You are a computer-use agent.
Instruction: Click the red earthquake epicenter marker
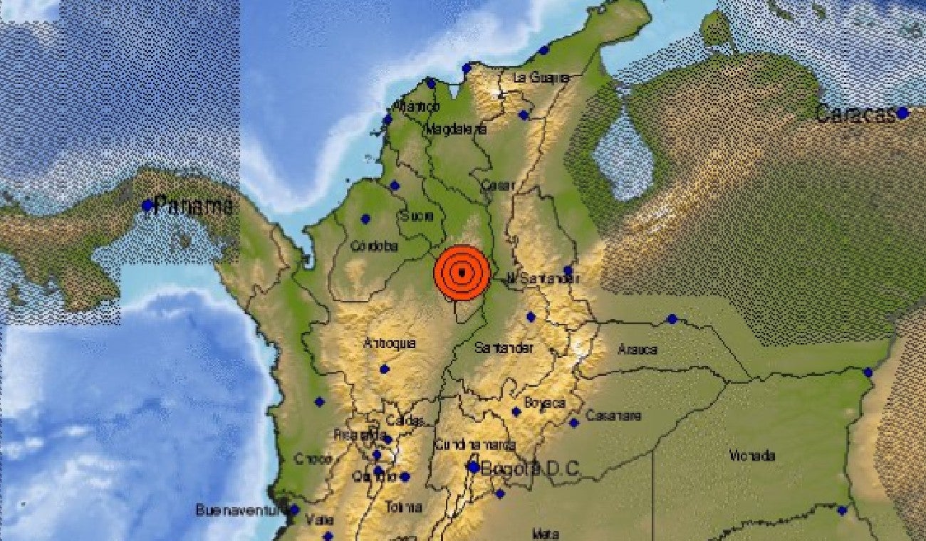tap(462, 273)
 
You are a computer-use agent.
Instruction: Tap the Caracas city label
tap(854, 114)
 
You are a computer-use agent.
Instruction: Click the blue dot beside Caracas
tap(902, 112)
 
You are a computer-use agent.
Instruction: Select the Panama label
tap(193, 206)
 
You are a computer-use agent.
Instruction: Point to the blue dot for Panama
tap(147, 206)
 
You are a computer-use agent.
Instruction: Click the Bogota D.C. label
tap(530, 469)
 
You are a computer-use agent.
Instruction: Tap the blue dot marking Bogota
tap(473, 467)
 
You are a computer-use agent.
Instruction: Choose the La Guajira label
tap(541, 77)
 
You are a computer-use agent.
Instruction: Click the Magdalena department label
tap(456, 130)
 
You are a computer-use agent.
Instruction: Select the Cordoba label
tap(374, 246)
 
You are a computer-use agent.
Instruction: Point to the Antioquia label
tap(389, 344)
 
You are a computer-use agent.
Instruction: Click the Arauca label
tap(638, 350)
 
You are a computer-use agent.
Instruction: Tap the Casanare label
tap(613, 416)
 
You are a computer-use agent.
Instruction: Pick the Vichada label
tap(752, 456)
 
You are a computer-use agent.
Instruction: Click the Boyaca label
tap(544, 403)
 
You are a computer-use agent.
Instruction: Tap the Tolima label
tap(403, 508)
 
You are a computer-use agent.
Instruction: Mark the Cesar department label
tap(498, 184)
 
